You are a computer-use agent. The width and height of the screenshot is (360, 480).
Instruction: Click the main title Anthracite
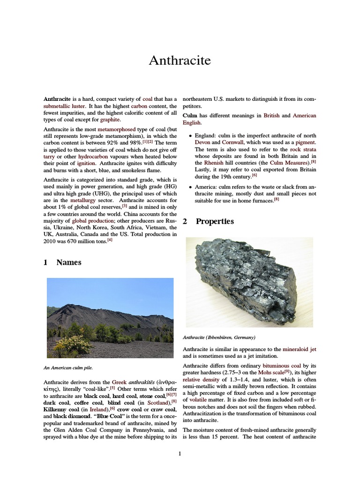click(x=180, y=60)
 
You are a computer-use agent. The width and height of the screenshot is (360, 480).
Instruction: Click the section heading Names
click(x=68, y=262)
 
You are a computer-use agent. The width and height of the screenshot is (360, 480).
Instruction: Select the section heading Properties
click(x=215, y=222)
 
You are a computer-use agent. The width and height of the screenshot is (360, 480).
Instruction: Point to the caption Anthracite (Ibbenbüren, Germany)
click(x=219, y=337)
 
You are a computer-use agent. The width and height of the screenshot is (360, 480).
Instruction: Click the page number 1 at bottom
click(x=180, y=453)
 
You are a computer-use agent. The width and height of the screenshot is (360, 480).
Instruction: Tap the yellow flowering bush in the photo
click(x=73, y=346)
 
